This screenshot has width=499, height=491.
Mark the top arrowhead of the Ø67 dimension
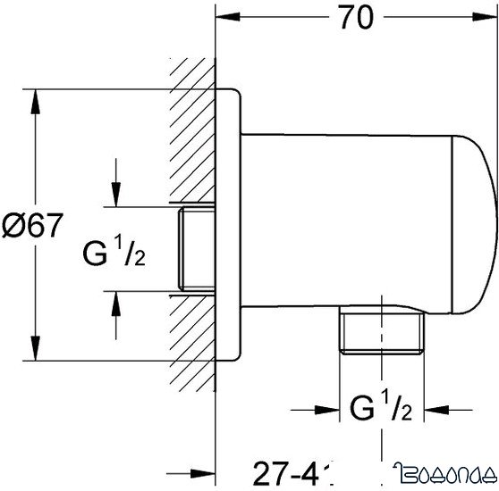35,97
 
